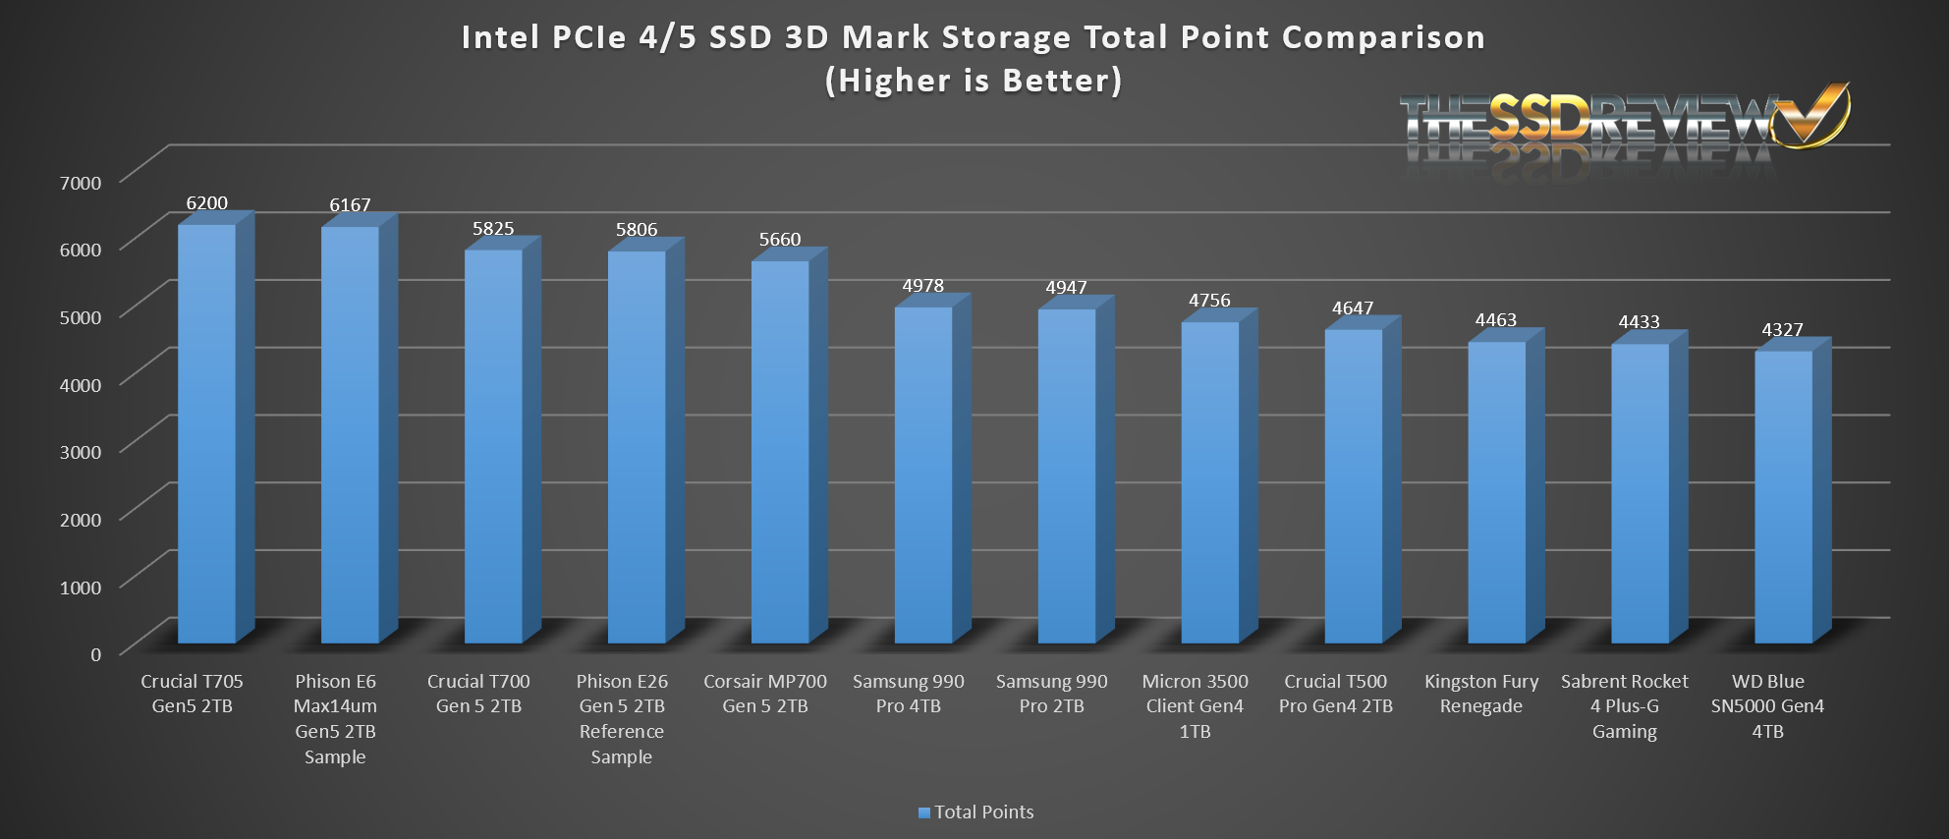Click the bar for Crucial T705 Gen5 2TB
pos(206,432)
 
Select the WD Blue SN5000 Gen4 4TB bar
pos(1783,496)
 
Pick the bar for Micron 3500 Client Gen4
pos(1210,481)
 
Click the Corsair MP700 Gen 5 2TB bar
pos(780,452)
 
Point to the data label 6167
pos(350,205)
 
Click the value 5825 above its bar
pos(493,229)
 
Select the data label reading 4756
pos(1209,301)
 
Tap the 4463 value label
pos(1495,320)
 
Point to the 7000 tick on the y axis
pos(81,183)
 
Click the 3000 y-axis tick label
pos(81,452)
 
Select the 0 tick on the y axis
pos(95,654)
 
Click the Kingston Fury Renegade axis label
pos(1481,694)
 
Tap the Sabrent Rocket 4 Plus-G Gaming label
pos(1624,706)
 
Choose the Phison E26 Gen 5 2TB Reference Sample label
pos(622,718)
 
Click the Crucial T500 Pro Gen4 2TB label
pos(1336,694)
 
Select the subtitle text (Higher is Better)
pos(974,81)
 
